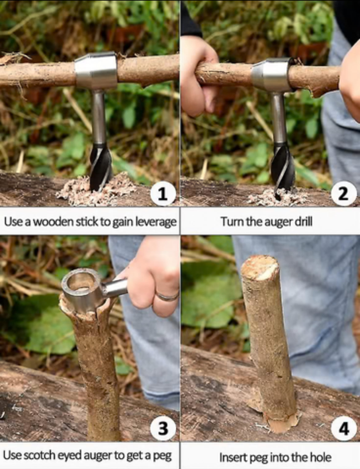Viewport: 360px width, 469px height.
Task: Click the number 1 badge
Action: tap(162, 194)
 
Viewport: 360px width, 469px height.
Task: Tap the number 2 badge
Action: tap(343, 194)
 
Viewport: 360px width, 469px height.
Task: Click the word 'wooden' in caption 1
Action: tap(53, 222)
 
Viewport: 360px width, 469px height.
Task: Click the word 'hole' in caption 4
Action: tap(320, 457)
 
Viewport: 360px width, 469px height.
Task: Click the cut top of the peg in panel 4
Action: tap(260, 267)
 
